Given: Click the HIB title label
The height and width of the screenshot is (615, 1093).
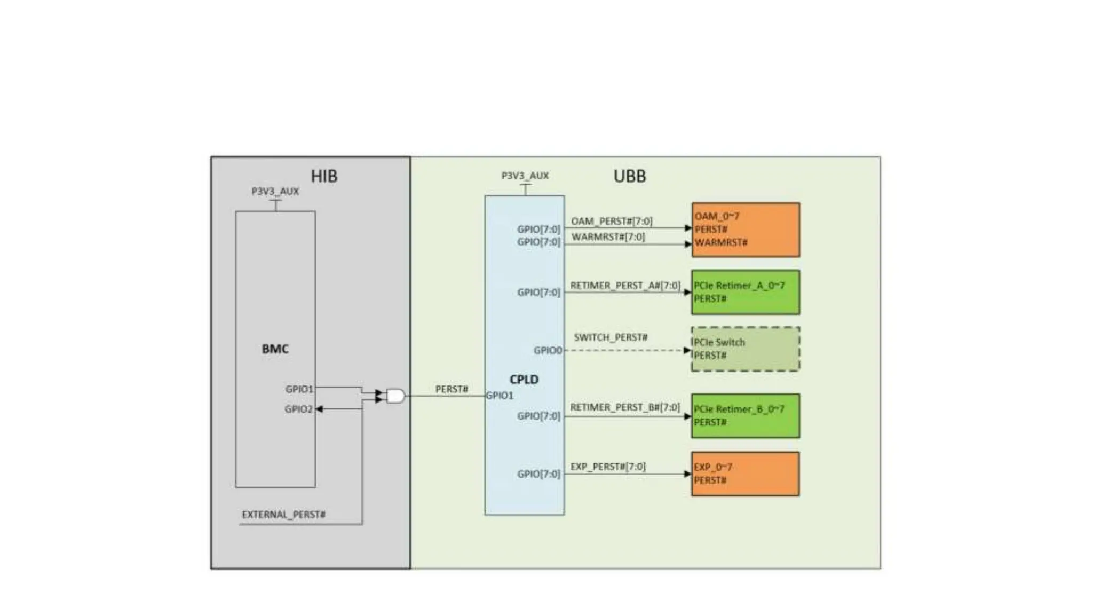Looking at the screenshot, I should (x=324, y=176).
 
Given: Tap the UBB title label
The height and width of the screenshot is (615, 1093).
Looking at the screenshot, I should (x=629, y=176).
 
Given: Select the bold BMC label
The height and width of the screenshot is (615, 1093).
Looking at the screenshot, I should (x=275, y=349).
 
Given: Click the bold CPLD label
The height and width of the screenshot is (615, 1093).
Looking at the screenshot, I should (x=524, y=380).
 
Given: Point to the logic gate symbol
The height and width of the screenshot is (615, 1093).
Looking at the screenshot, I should (x=395, y=396).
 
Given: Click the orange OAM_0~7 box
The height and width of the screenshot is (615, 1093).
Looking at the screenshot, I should (x=745, y=230).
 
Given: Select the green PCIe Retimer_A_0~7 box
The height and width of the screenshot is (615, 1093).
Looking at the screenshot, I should (x=745, y=292).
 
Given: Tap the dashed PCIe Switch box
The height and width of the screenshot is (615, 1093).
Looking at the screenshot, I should (x=745, y=349).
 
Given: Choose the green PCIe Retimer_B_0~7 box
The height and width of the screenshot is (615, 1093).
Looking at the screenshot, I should (x=745, y=416).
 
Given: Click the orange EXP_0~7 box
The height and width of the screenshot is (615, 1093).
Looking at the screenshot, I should (x=745, y=474).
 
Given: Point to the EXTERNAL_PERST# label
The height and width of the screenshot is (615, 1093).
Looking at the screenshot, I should (x=283, y=515).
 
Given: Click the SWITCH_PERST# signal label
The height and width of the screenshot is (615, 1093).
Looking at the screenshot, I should (x=611, y=337).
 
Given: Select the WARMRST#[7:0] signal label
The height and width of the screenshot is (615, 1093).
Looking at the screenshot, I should (x=608, y=236).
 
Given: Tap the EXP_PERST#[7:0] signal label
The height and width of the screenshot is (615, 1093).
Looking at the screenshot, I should (x=608, y=467).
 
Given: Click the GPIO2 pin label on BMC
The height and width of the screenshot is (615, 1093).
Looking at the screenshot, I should (x=298, y=409).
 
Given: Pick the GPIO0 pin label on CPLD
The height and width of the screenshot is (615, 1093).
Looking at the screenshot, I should (x=548, y=351).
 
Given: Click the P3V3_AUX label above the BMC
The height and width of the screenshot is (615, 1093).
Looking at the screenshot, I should (x=275, y=191).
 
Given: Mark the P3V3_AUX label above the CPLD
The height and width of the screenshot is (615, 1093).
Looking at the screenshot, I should (x=525, y=176).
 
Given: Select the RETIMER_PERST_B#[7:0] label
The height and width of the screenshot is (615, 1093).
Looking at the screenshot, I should (x=625, y=408).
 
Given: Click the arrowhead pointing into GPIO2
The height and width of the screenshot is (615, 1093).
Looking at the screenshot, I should (x=319, y=409).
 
